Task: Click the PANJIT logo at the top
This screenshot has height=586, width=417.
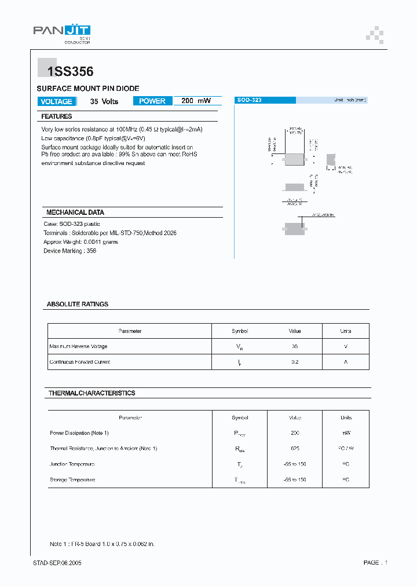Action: pyautogui.click(x=61, y=32)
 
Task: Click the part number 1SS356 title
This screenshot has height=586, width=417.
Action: pyautogui.click(x=65, y=72)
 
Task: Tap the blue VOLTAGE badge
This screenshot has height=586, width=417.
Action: pyautogui.click(x=57, y=101)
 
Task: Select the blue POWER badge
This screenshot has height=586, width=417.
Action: pyautogui.click(x=152, y=101)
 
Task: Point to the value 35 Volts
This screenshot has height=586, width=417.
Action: pyautogui.click(x=104, y=101)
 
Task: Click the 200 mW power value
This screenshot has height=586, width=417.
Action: pyautogui.click(x=196, y=101)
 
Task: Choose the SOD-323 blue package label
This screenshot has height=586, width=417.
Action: pyautogui.click(x=250, y=100)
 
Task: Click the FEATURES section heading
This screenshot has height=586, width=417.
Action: pyautogui.click(x=57, y=116)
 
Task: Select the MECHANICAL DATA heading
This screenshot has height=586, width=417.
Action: pyautogui.click(x=75, y=213)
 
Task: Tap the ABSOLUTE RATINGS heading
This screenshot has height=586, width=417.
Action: pyautogui.click(x=78, y=304)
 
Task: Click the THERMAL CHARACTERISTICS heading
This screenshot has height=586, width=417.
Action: pyautogui.click(x=92, y=393)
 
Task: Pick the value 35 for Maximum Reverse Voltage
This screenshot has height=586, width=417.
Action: pyautogui.click(x=295, y=346)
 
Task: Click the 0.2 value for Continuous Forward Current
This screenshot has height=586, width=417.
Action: pyautogui.click(x=295, y=362)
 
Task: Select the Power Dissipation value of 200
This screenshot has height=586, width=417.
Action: pyautogui.click(x=295, y=433)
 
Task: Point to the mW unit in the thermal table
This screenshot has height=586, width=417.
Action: pyautogui.click(x=346, y=433)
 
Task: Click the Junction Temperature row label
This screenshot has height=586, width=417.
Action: pyautogui.click(x=72, y=464)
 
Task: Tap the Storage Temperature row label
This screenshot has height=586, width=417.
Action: pyautogui.click(x=72, y=480)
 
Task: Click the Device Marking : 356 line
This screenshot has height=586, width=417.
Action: pyautogui.click(x=70, y=251)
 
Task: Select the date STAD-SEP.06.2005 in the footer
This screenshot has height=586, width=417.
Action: pyautogui.click(x=57, y=563)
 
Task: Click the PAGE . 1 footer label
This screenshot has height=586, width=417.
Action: pyautogui.click(x=375, y=563)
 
